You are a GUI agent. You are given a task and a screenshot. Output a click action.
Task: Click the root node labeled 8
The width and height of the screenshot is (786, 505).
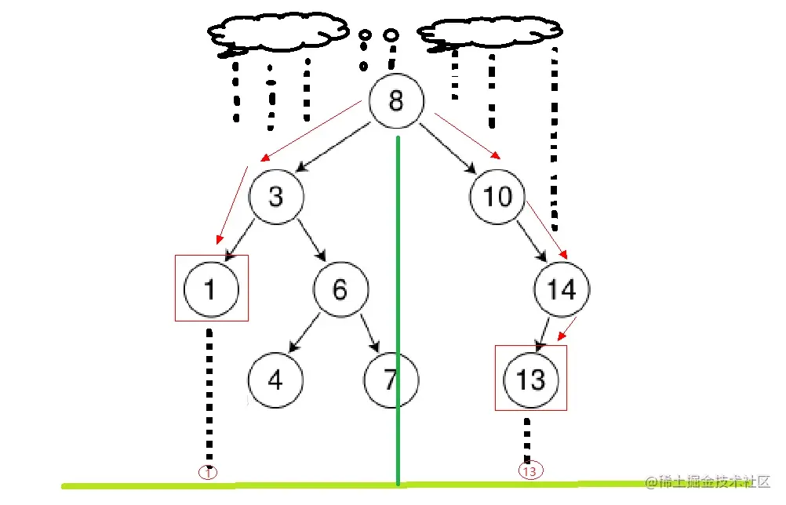[396, 102]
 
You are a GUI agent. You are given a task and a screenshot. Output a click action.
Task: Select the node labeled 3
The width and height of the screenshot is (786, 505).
[276, 196]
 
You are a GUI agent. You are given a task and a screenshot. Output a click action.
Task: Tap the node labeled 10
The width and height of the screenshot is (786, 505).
[497, 196]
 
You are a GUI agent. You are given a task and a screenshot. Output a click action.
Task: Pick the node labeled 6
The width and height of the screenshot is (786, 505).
[340, 289]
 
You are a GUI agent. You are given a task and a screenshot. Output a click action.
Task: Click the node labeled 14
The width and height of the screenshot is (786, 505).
[562, 289]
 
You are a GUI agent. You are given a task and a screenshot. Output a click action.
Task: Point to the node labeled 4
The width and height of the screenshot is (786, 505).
[275, 380]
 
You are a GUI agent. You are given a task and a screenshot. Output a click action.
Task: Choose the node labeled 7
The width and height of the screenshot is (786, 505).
[391, 380]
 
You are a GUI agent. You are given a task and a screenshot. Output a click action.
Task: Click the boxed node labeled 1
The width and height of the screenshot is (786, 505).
[209, 289]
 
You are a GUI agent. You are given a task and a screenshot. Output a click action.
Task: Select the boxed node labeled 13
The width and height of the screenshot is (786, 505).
[530, 380]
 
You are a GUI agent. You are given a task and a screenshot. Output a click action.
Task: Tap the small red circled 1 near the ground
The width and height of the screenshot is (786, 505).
[209, 473]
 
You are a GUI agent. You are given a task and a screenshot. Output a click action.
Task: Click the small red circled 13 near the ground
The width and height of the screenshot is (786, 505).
[529, 471]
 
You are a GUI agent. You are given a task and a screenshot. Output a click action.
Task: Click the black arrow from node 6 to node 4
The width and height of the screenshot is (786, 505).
[304, 332]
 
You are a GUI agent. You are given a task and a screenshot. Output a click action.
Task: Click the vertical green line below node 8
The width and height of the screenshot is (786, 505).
[398, 314]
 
